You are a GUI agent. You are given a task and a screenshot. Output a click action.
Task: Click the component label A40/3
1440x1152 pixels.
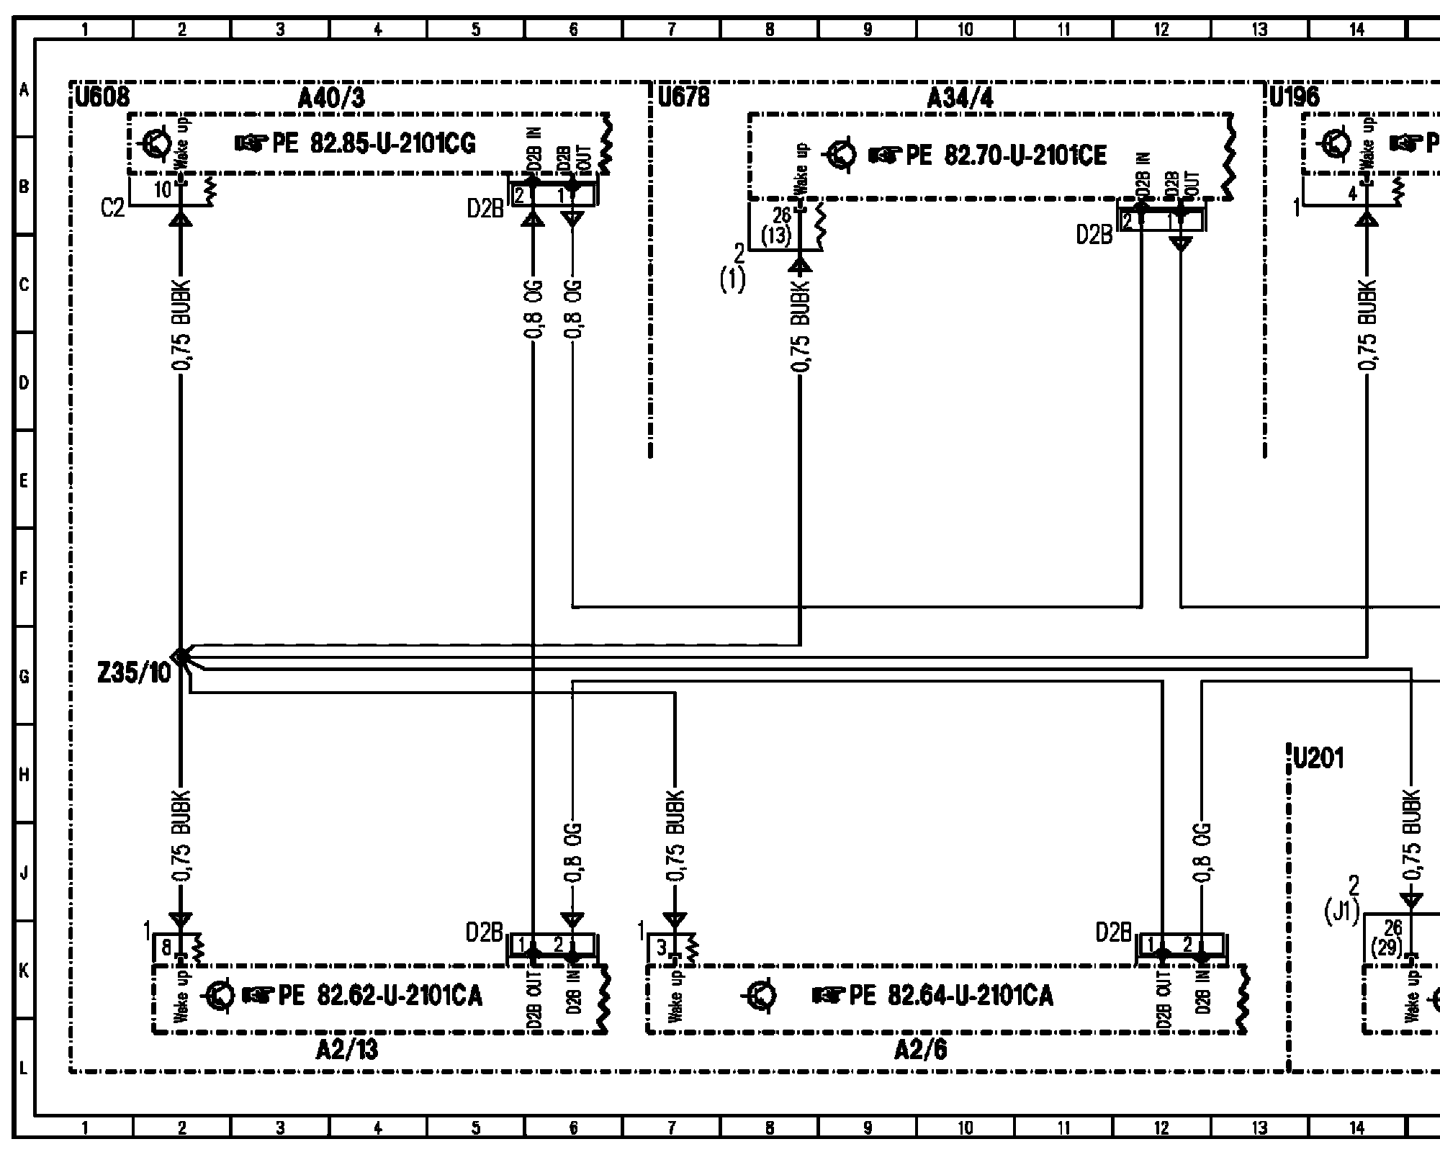point(330,99)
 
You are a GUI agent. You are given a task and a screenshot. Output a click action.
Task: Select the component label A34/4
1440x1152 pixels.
point(960,99)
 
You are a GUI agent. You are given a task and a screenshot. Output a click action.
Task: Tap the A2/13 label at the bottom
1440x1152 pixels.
point(346,1050)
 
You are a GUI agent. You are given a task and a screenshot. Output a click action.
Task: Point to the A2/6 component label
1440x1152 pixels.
point(920,1050)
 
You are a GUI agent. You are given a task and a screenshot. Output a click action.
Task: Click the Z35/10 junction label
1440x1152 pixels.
point(135,673)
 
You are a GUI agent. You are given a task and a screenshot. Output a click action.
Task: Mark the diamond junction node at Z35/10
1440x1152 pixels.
point(181,655)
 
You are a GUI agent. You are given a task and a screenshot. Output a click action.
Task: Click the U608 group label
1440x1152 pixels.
point(102,97)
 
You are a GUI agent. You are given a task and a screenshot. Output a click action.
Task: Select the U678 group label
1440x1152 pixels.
point(683,97)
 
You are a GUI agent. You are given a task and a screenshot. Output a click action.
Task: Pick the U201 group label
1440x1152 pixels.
point(1318,758)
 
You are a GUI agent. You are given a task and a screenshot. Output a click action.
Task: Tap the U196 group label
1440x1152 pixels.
point(1294,97)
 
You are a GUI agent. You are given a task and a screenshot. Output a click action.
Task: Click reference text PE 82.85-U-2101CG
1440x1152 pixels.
point(374,144)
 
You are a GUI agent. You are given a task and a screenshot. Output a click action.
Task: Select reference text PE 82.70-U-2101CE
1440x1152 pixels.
point(1005,155)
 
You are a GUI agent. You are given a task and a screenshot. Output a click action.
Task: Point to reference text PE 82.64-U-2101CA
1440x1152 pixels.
point(950,996)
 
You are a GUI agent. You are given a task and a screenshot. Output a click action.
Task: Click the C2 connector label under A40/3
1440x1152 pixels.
point(113,209)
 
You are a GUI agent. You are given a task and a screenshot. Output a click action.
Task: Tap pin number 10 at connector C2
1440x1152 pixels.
point(163,190)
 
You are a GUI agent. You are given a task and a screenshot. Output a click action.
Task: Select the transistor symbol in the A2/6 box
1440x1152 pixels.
point(761,996)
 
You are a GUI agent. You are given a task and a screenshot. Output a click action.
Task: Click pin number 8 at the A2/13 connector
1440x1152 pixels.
point(166,948)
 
